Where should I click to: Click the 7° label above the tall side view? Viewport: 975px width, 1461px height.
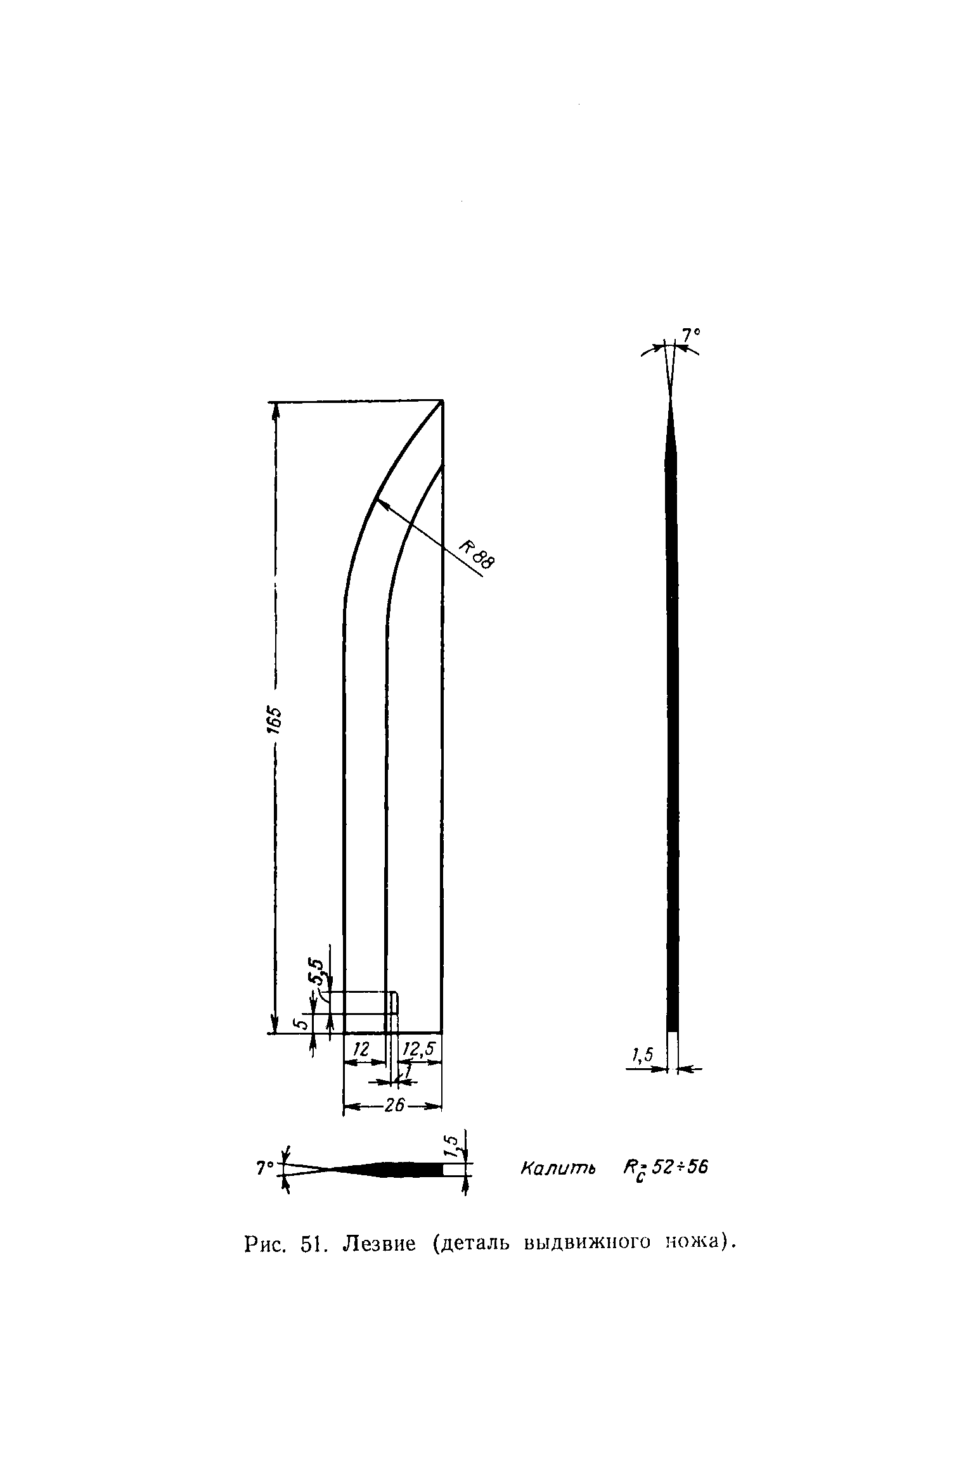click(690, 333)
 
